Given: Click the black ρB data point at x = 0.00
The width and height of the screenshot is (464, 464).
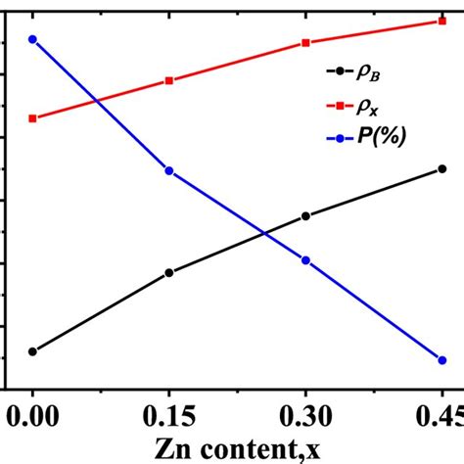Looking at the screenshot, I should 33,351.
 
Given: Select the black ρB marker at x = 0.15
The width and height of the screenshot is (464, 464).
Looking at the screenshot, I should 169,273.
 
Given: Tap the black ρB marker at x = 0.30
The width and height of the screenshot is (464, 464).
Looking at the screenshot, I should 306,216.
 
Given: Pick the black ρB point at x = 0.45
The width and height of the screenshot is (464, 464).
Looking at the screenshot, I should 442,169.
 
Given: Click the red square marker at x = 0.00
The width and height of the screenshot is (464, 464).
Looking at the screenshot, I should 33,118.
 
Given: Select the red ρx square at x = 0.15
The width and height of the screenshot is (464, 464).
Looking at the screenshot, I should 169,80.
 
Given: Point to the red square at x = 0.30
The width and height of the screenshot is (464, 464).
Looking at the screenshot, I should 306,43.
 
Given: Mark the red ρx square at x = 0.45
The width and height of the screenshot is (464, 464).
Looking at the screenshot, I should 442,21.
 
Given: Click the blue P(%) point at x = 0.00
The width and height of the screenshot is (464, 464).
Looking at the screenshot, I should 33,39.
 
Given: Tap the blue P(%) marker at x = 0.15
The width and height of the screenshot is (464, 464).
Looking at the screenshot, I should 169,170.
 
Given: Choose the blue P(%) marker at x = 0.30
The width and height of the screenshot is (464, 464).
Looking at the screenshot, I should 306,260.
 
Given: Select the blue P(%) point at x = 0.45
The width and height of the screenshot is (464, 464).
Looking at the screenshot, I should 442,360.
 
